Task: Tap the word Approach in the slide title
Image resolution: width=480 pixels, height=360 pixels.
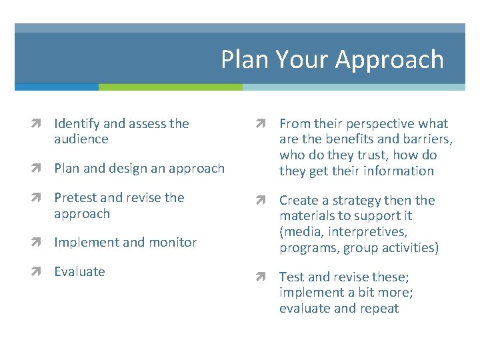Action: click(x=389, y=60)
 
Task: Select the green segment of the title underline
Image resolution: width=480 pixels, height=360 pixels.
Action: click(x=170, y=87)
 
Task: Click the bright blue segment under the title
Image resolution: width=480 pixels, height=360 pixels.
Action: click(x=57, y=87)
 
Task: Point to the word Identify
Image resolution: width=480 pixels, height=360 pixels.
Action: click(x=76, y=123)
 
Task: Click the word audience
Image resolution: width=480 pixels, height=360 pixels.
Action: click(x=81, y=139)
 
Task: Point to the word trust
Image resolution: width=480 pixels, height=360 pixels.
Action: click(x=373, y=155)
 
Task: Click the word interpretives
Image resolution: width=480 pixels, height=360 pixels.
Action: click(x=377, y=232)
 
